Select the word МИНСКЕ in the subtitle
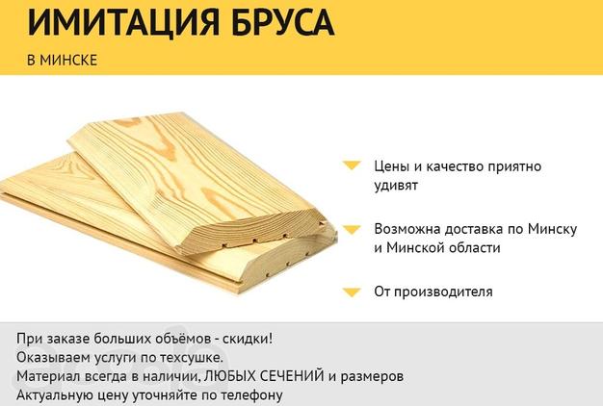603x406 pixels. [x=68, y=61]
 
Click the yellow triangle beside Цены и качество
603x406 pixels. [x=352, y=165]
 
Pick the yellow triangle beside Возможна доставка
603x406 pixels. [x=352, y=230]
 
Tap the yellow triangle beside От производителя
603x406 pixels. [x=352, y=292]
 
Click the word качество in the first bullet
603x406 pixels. [x=454, y=166]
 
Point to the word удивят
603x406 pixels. [x=396, y=186]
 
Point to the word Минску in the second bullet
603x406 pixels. [x=552, y=229]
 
